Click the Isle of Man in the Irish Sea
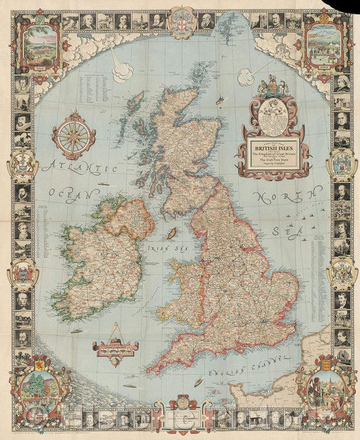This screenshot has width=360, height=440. [173, 233]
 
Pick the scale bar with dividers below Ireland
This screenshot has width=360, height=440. [115, 347]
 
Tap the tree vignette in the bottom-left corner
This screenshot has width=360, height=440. [37, 391]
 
